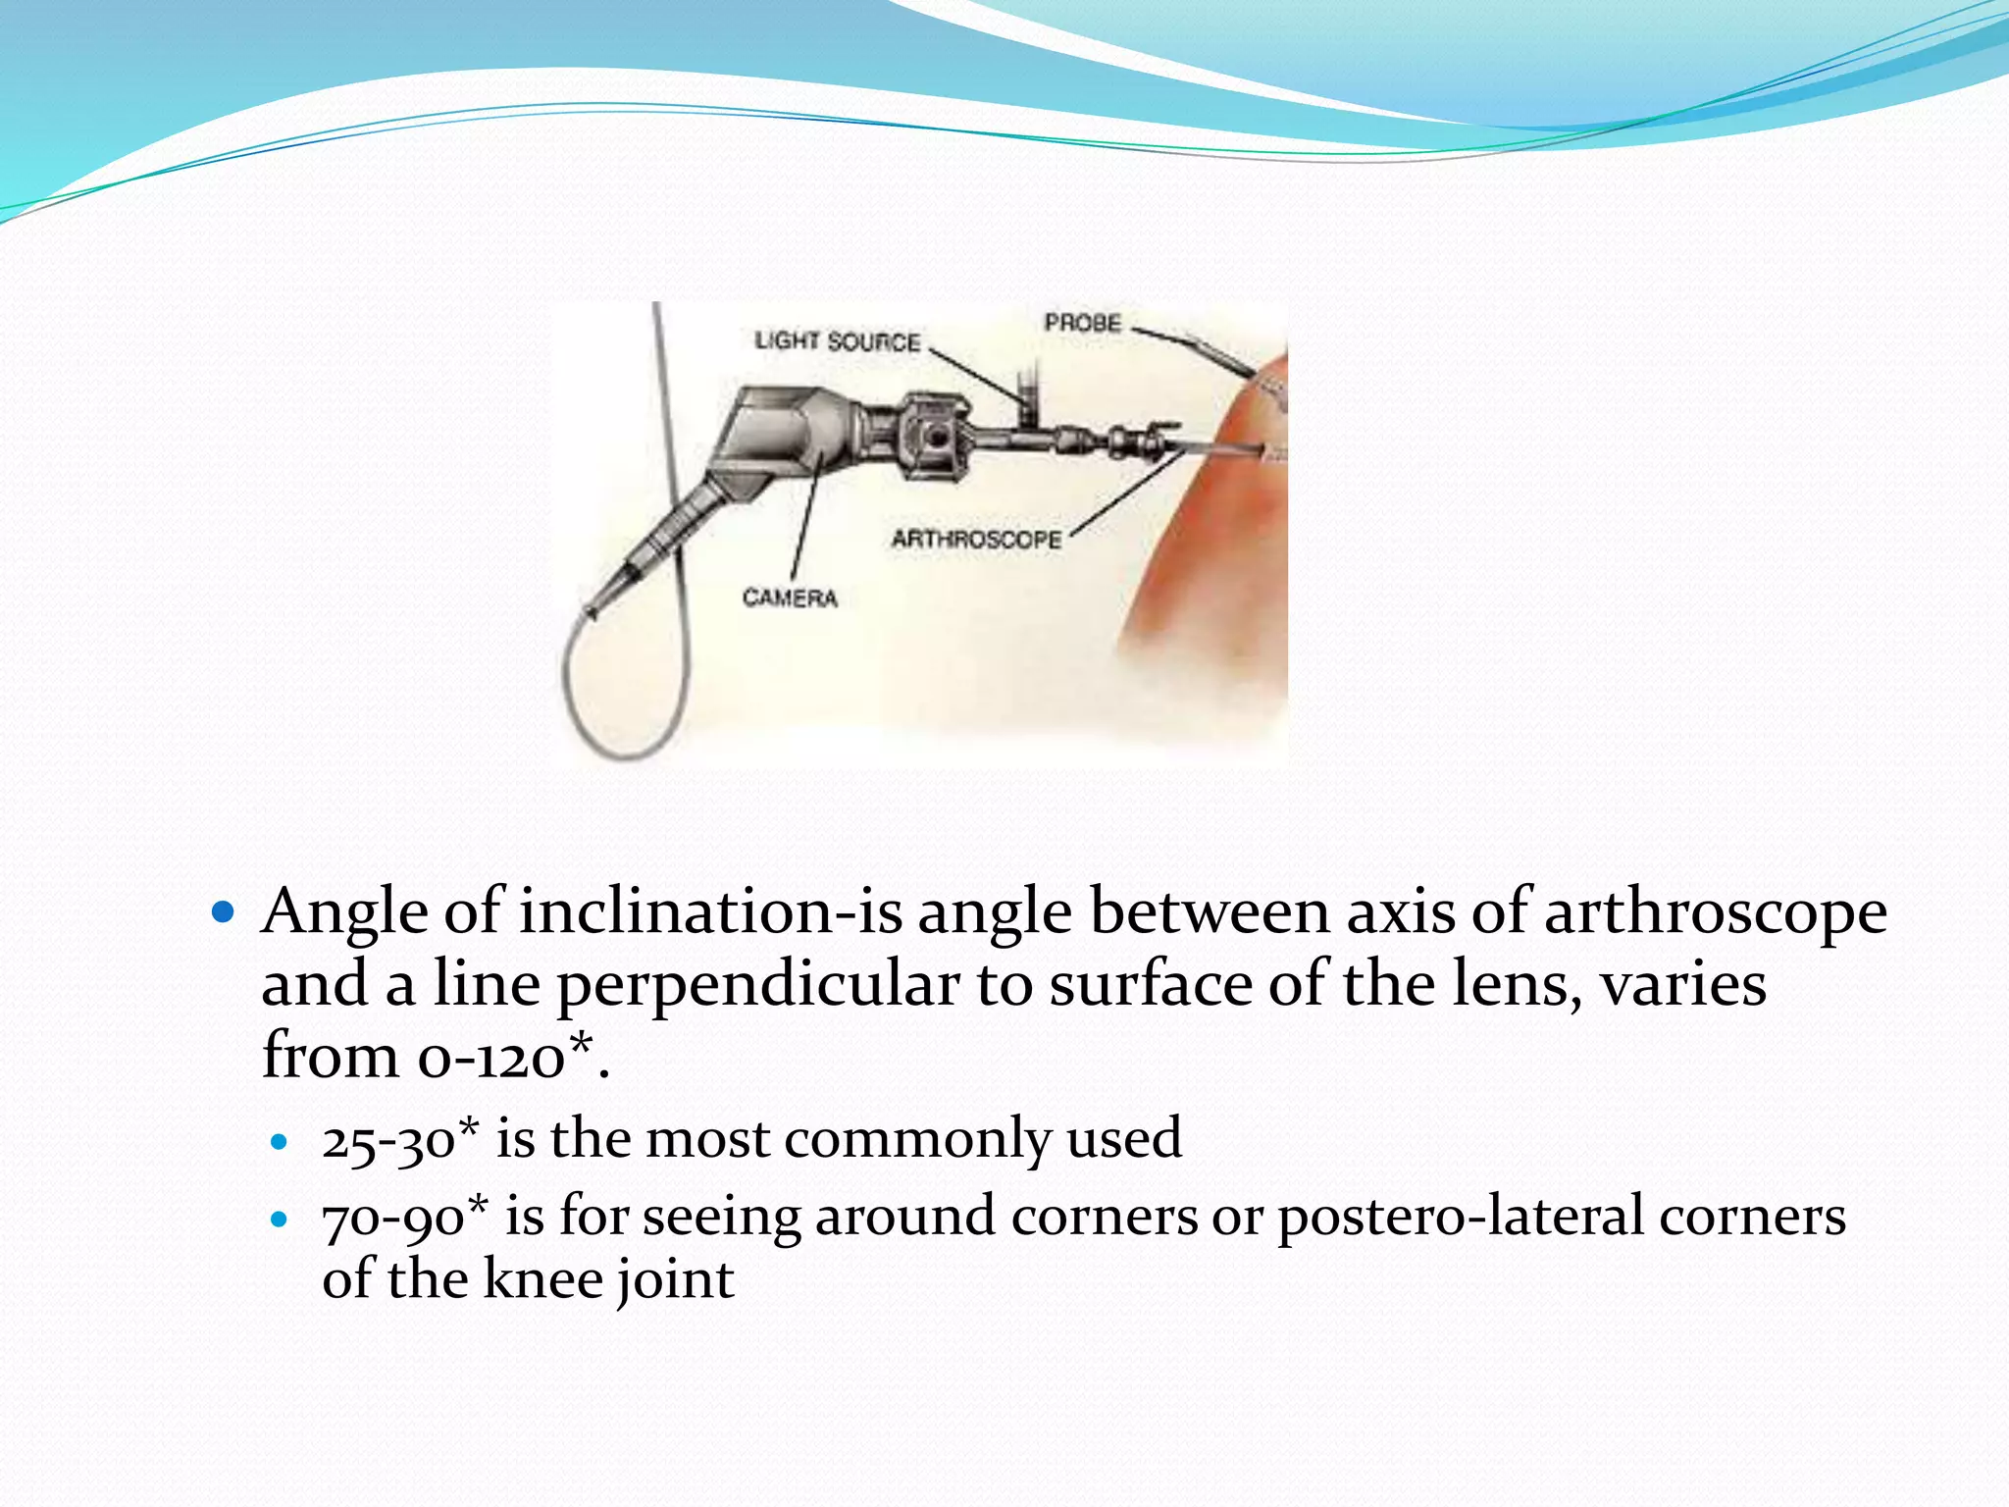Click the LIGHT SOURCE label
click(837, 341)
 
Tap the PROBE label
click(1082, 323)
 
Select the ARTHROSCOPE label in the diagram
click(976, 540)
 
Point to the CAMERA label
click(790, 598)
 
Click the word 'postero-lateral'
click(1460, 1218)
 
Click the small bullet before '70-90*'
click(280, 1220)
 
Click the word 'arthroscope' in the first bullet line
click(1715, 911)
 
